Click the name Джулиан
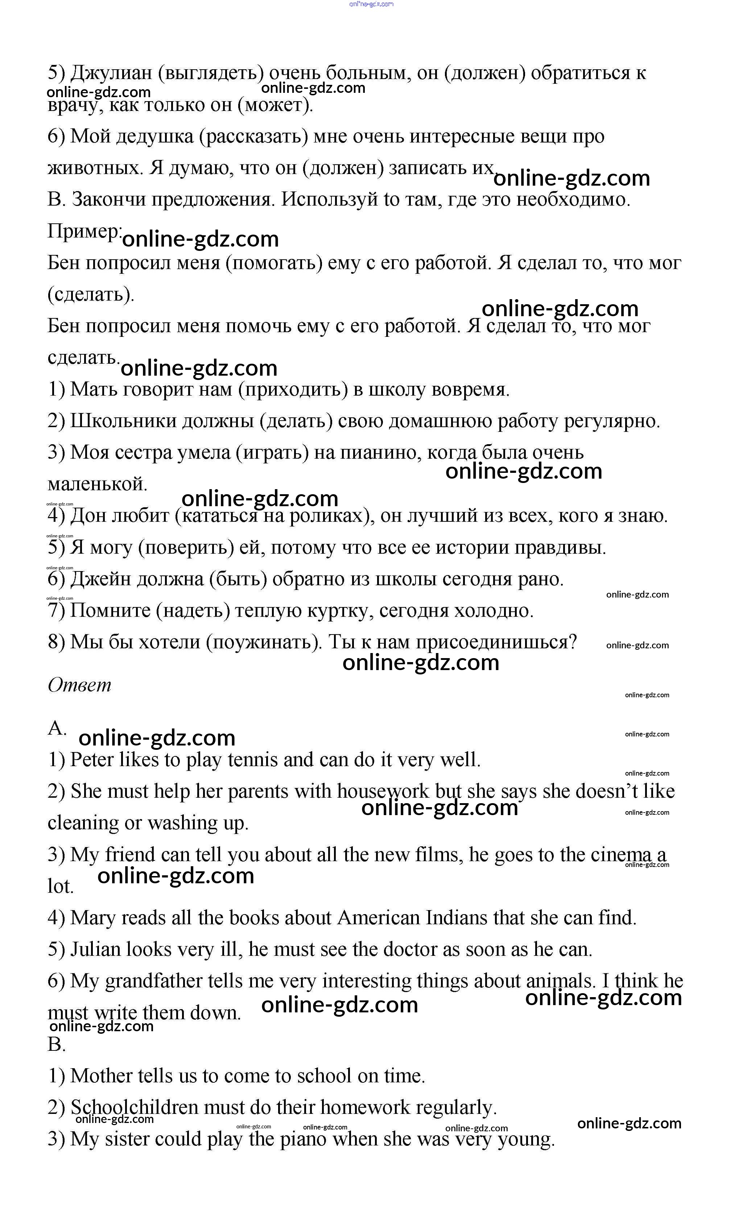(112, 73)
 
